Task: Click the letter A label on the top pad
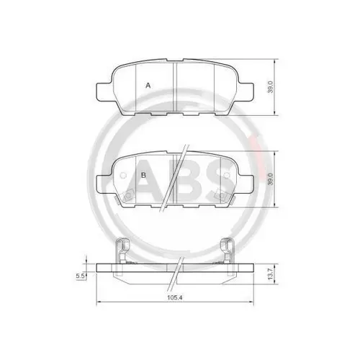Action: pos(148,85)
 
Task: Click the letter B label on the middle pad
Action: pos(144,175)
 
